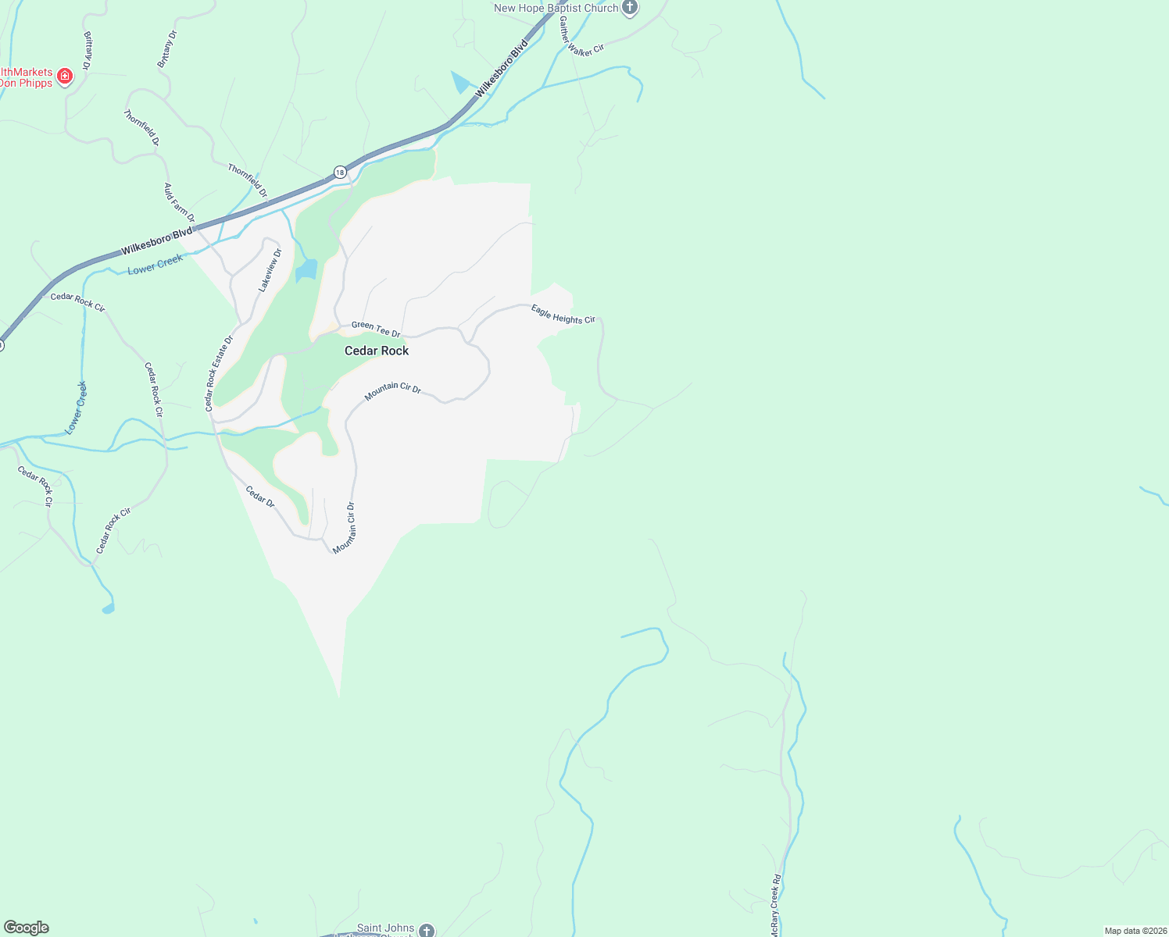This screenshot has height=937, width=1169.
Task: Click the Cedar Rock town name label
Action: point(377,351)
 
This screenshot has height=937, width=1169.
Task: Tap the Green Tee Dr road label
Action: point(376,329)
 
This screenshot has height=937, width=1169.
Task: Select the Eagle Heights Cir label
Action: point(563,314)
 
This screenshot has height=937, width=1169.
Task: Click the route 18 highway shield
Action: point(339,172)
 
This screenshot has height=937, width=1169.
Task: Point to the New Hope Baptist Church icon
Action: point(630,9)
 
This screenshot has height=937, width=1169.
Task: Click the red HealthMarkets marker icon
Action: point(66,77)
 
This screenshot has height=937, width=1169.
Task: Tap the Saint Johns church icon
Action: point(426,930)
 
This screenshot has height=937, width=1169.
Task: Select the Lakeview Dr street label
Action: point(270,270)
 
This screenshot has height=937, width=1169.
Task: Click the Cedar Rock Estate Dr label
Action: point(219,373)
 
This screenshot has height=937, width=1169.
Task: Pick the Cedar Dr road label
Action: point(260,497)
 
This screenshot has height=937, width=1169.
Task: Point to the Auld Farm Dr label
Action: point(179,202)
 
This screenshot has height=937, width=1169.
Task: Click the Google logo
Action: point(27,928)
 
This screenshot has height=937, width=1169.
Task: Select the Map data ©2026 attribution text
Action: point(1135,931)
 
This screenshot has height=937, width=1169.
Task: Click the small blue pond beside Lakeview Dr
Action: point(306,270)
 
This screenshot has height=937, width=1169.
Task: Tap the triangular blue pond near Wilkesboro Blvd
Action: point(462,82)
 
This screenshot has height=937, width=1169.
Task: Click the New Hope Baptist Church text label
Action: point(556,9)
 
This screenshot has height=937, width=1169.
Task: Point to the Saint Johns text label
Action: point(385,928)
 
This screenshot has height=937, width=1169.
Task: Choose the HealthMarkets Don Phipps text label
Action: point(27,77)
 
